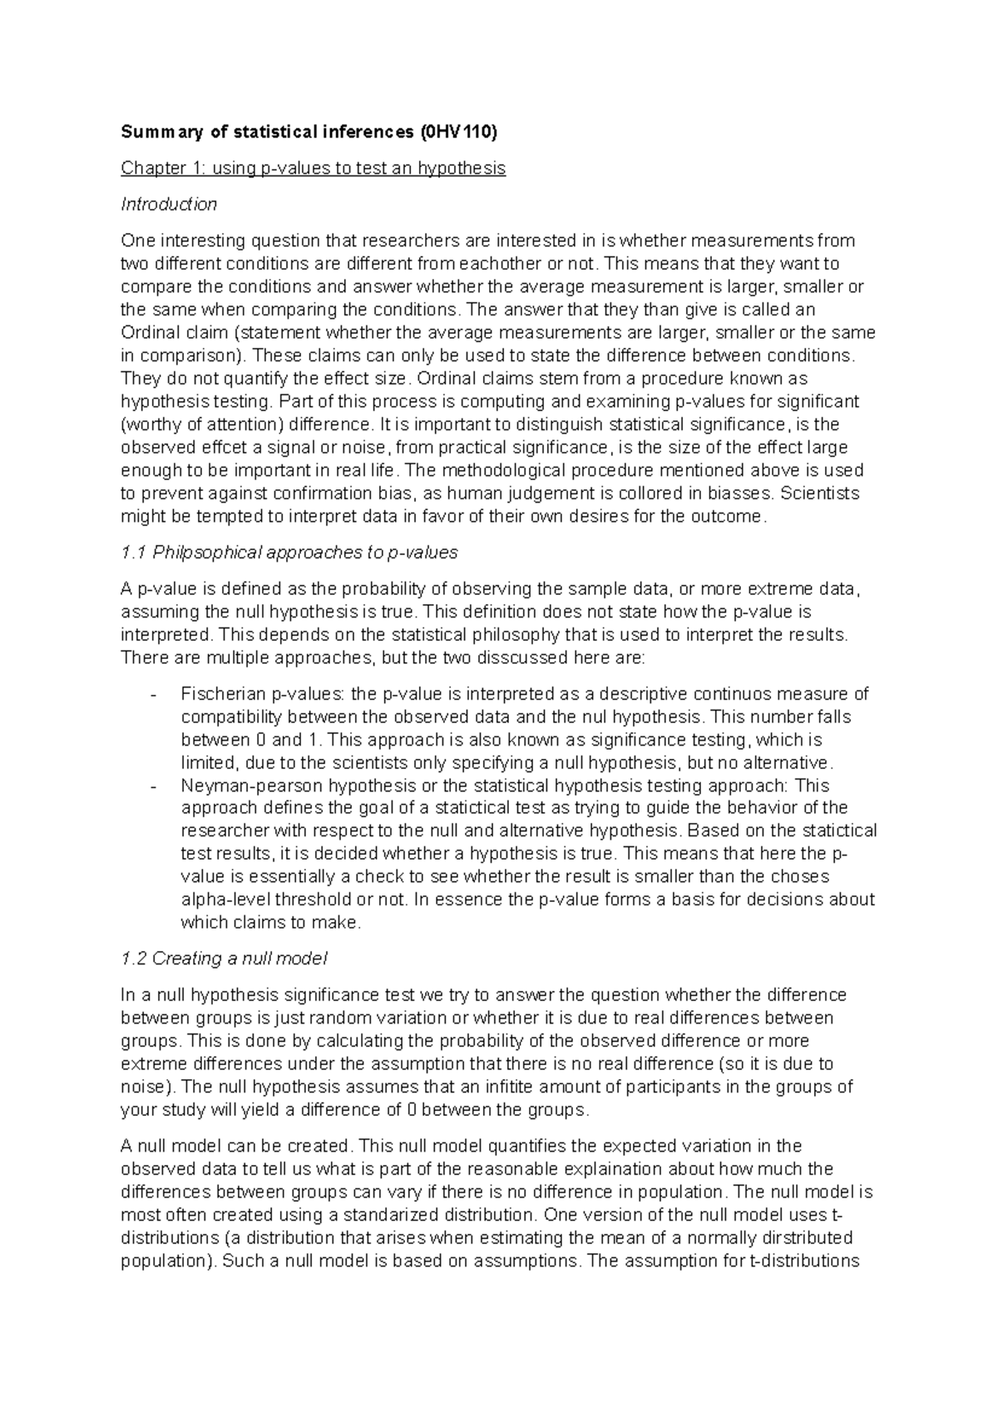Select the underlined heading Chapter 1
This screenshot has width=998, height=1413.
[x=313, y=168]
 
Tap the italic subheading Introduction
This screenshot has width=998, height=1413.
[x=169, y=204]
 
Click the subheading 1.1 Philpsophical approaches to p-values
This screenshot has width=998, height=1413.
[x=289, y=553]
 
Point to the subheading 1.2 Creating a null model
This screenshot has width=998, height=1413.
[x=224, y=959]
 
